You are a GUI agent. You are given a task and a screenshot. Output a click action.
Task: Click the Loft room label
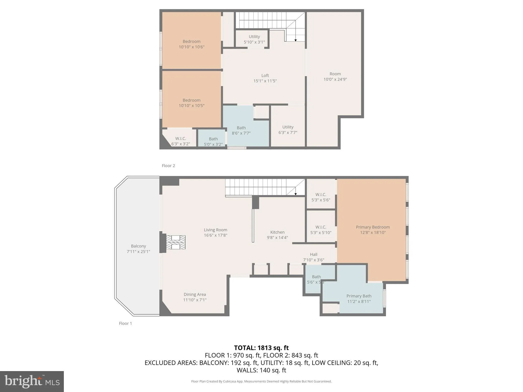coord(265,76)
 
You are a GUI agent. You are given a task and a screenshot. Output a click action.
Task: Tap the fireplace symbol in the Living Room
coord(175,242)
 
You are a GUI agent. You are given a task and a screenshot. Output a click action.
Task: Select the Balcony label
coord(138,246)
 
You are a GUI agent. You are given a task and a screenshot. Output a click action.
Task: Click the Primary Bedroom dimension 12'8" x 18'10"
coord(373,232)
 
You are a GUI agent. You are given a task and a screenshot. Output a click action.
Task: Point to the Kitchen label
coord(277,232)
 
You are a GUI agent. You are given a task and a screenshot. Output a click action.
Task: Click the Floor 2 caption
coord(168,166)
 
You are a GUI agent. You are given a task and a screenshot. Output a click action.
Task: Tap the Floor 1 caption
coord(125,323)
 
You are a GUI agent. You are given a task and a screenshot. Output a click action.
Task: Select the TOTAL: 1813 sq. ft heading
coord(261,348)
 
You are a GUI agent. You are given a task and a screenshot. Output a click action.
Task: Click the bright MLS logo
coord(32,381)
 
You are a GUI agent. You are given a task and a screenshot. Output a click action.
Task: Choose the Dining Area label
coord(195,294)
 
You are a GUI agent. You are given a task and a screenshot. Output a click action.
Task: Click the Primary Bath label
coord(359,296)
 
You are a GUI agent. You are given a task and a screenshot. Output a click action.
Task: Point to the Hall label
coord(314,254)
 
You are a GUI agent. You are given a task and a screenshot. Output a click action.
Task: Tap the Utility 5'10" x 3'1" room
coord(254,39)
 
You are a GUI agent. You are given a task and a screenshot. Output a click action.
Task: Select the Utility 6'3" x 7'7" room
coord(288,130)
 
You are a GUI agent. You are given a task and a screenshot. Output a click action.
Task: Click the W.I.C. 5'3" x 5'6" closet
coord(321,197)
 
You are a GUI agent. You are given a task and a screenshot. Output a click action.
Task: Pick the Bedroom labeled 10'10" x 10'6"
coord(192,44)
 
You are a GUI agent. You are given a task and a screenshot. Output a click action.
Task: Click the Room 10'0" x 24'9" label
coord(335,76)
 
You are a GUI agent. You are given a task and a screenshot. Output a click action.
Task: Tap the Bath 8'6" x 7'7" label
coord(241,130)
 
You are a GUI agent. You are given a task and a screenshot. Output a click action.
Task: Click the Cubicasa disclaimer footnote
coord(261,381)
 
